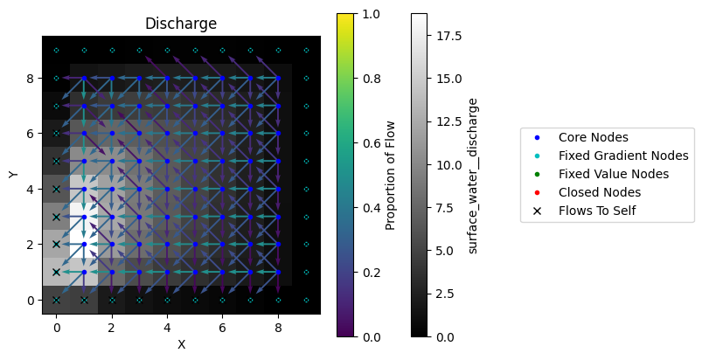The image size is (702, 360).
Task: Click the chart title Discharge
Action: (x=181, y=24)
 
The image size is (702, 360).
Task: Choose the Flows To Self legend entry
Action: (x=596, y=211)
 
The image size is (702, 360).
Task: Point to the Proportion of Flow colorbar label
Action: (x=391, y=175)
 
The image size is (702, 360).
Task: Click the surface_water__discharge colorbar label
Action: (x=473, y=175)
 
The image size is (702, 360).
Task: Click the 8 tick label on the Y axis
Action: (x=30, y=78)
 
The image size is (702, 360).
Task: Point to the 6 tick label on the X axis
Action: (x=222, y=327)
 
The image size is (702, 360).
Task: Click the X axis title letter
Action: (x=181, y=344)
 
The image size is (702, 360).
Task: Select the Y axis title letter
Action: (x=13, y=175)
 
